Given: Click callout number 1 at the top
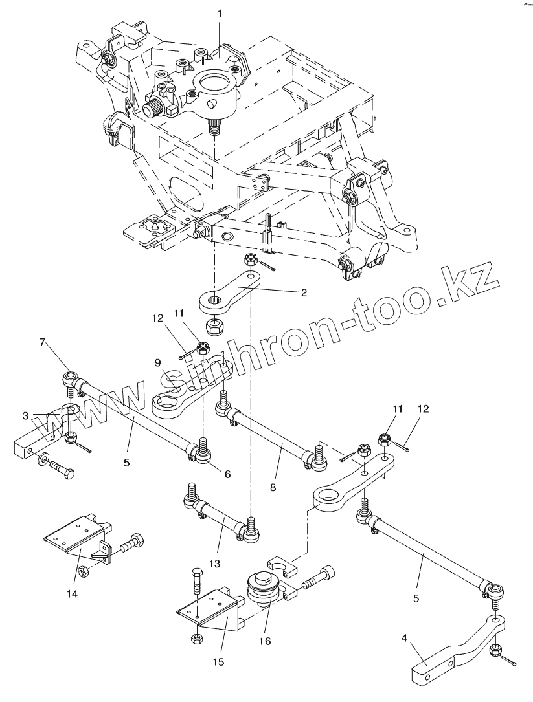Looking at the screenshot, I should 220,14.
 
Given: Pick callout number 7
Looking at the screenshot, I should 43,342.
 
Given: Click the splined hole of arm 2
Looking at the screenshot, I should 214,299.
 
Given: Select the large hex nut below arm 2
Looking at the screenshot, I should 214,325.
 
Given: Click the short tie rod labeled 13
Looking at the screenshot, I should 220,517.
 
